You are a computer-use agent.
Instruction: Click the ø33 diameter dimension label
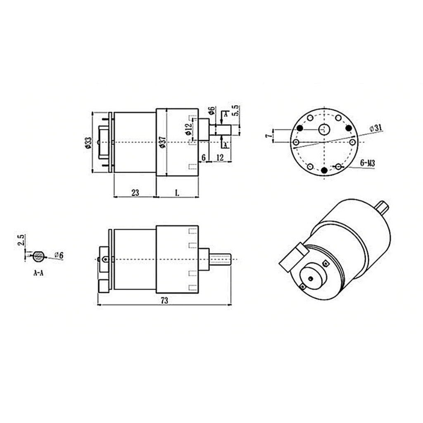click(88, 142)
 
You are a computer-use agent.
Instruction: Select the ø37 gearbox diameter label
click(162, 142)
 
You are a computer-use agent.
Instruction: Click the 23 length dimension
click(135, 192)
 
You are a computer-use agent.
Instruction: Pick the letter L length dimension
click(177, 192)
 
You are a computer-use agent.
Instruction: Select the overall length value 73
click(164, 301)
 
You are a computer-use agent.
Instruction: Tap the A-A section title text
click(38, 273)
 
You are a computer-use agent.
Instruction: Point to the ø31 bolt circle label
click(375, 128)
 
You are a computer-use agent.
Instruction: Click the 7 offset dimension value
click(268, 135)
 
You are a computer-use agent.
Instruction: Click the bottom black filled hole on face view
click(324, 170)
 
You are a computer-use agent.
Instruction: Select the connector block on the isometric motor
click(293, 257)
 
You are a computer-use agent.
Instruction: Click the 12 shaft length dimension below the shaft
click(219, 157)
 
